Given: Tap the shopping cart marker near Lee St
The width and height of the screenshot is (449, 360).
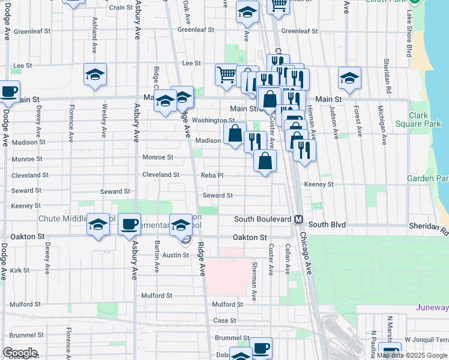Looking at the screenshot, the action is coord(227,76).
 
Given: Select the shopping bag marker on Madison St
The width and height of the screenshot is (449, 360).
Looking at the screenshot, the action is coord(235,134).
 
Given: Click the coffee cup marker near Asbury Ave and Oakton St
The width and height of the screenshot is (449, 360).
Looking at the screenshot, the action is coord(129,225).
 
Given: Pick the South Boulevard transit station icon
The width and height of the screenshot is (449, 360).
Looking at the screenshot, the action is coord(298,220).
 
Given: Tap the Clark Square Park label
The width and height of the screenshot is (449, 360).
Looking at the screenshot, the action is coord(425,119).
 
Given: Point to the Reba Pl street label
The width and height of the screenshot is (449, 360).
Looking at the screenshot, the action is coord(212,175).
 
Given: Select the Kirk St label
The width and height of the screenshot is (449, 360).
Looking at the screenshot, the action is coord(19,271).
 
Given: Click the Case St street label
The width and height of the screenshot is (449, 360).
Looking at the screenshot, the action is coord(225,320).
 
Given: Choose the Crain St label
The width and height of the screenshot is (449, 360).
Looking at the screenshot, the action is coord(121,7).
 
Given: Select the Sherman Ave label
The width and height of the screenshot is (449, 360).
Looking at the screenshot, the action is coord(254,281).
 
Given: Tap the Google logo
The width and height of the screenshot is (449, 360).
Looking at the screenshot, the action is coord(20,353).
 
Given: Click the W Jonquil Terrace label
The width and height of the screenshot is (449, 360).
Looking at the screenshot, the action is coord(426,340).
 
